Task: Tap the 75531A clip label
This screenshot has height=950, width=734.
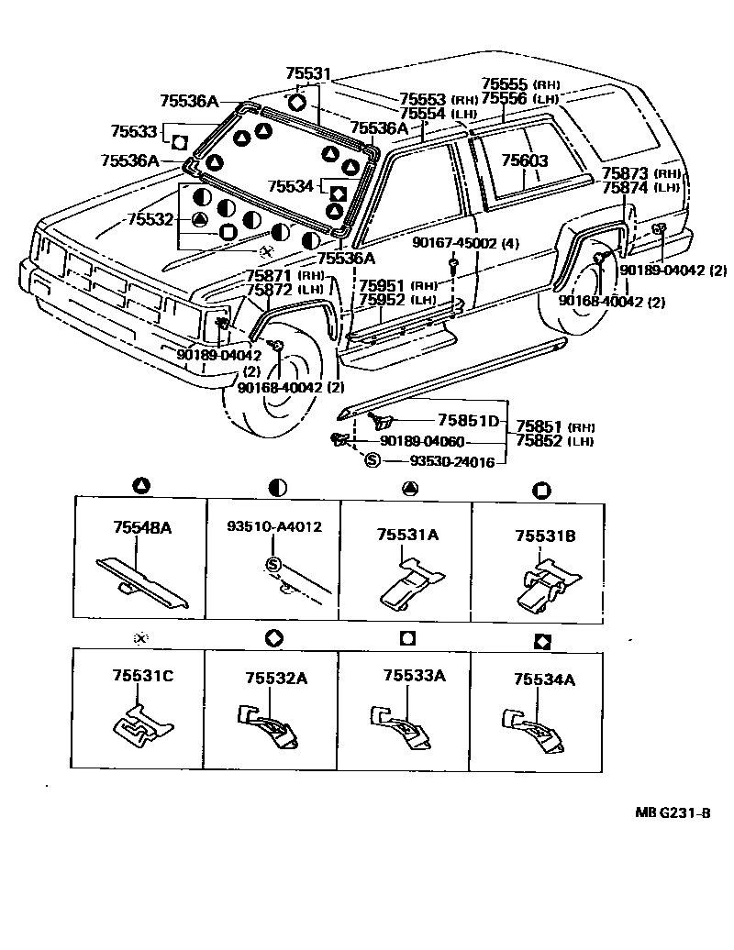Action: (x=405, y=534)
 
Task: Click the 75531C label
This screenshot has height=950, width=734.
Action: (x=142, y=676)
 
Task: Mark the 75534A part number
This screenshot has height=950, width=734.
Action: (x=544, y=679)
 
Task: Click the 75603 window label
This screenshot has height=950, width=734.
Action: (x=524, y=161)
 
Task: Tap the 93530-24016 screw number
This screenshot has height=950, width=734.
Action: (x=439, y=461)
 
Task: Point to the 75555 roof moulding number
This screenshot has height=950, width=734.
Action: (x=506, y=83)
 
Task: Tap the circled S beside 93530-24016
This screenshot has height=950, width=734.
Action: (x=372, y=460)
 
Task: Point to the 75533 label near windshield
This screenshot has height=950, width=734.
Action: (x=134, y=132)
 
